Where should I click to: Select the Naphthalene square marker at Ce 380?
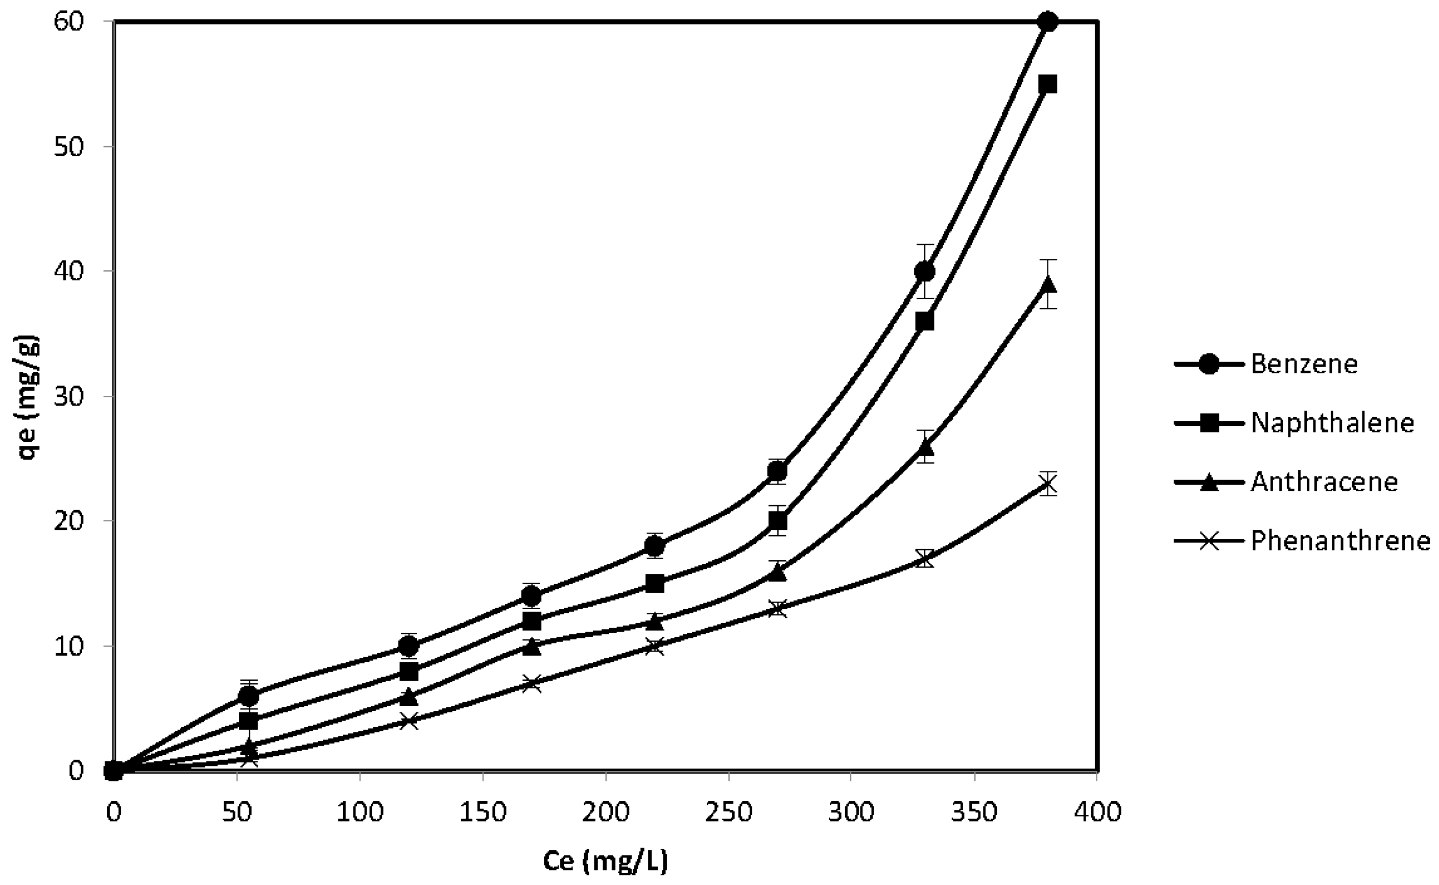1047,84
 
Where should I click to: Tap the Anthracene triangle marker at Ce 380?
1047,284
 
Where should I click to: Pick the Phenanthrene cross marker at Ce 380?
1047,484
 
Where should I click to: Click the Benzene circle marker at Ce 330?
925,272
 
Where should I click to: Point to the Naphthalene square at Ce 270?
777,520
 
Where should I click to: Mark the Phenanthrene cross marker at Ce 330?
925,558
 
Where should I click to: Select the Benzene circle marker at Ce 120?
409,646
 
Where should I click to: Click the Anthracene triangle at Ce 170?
532,646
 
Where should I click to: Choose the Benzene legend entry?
1304,364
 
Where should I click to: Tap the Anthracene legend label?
1324,482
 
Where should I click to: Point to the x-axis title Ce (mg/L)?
605,861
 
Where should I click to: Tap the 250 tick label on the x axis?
728,812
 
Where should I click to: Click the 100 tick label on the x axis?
359,812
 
